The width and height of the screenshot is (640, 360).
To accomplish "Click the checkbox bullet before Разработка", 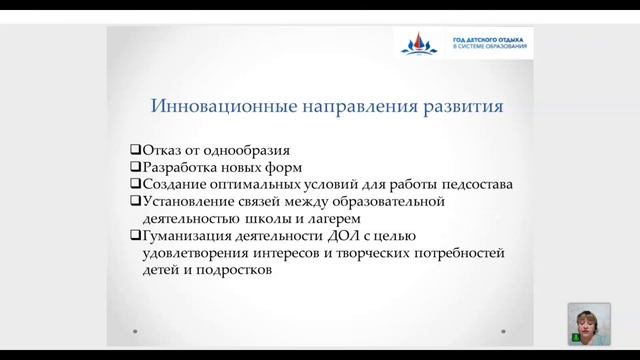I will coord(136,166).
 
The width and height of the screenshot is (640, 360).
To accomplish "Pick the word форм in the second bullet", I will coord(296,166).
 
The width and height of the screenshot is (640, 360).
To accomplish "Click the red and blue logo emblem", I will coord(418,43).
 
